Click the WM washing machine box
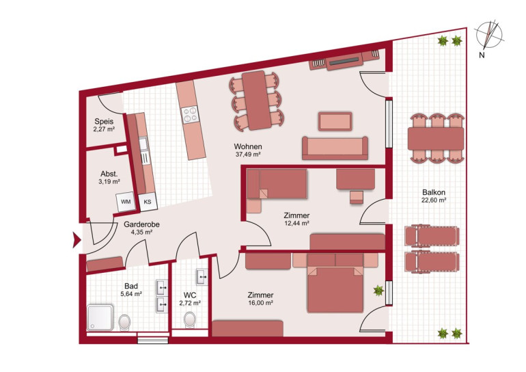click(x=126, y=202)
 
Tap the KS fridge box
click(x=148, y=202)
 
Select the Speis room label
click(x=104, y=121)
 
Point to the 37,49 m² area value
click(x=248, y=155)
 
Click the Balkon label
click(x=434, y=192)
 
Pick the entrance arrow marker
click(x=77, y=240)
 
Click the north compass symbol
click(x=489, y=35)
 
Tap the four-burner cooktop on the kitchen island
click(x=190, y=114)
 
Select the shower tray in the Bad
click(x=100, y=317)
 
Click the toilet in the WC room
click(x=190, y=319)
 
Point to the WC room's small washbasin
click(x=202, y=277)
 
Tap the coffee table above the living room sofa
click(x=335, y=121)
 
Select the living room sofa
click(x=335, y=148)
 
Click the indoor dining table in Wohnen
click(x=257, y=100)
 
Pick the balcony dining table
click(x=436, y=138)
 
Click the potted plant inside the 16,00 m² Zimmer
click(x=378, y=291)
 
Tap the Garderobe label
click(x=141, y=224)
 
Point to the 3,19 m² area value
click(x=109, y=182)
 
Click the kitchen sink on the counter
click(x=143, y=144)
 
